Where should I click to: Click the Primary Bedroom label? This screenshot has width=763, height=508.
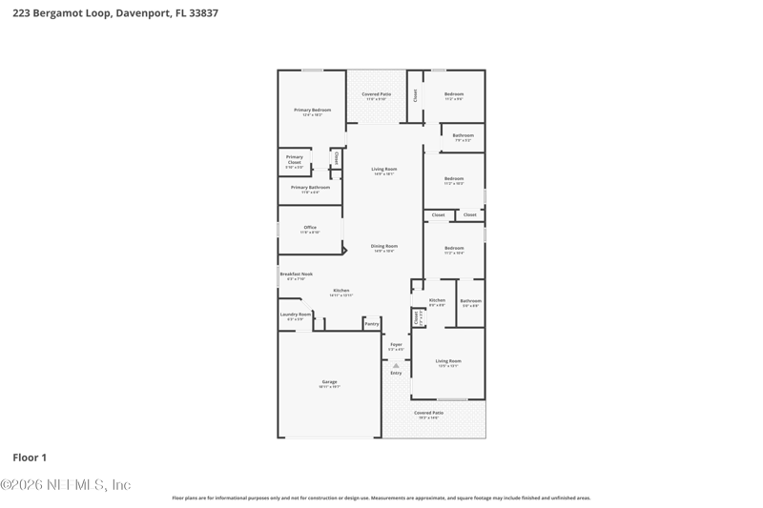click(x=312, y=111)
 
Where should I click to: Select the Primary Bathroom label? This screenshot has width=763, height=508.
click(x=311, y=188)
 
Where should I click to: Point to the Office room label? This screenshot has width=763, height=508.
click(x=310, y=228)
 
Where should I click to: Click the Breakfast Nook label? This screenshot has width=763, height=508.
click(x=296, y=274)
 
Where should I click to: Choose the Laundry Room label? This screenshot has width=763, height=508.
click(x=296, y=315)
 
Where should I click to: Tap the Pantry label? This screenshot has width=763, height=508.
click(x=371, y=324)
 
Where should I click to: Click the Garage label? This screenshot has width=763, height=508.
click(x=329, y=382)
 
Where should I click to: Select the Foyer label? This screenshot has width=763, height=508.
click(x=396, y=345)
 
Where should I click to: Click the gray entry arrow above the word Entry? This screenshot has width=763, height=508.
click(x=396, y=365)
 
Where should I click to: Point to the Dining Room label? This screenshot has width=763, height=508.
click(x=384, y=246)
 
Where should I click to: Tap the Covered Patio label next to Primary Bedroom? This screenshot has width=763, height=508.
click(x=377, y=94)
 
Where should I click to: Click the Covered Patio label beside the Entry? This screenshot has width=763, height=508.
click(x=428, y=413)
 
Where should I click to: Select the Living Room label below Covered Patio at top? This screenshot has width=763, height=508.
click(x=384, y=170)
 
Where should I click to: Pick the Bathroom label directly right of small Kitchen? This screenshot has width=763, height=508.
click(x=471, y=301)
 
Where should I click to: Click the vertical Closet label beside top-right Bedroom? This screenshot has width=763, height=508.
click(x=415, y=95)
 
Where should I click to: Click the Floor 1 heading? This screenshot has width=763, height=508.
click(x=30, y=457)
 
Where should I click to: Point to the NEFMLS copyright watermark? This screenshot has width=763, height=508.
click(x=66, y=485)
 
